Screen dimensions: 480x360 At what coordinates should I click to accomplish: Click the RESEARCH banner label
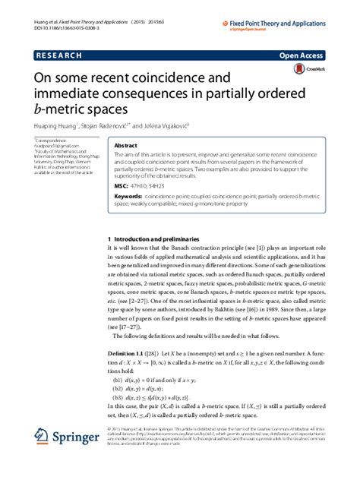(58, 55)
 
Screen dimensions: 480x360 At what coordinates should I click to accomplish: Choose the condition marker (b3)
(118, 397)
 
